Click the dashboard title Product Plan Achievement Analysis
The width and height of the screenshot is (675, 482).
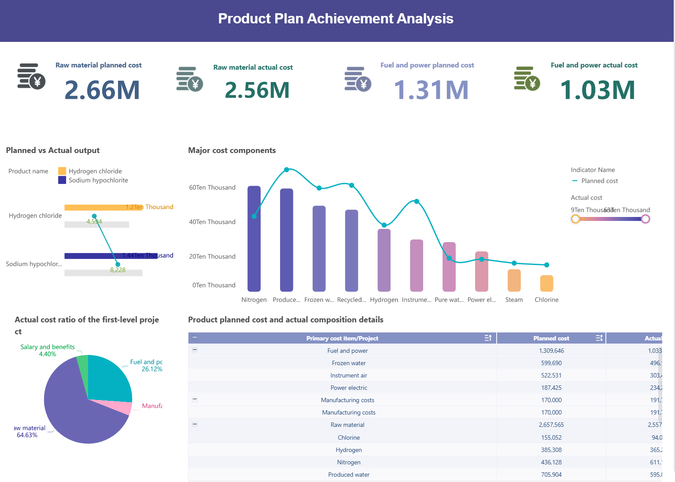(336, 19)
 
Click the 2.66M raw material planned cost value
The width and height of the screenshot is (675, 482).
(102, 90)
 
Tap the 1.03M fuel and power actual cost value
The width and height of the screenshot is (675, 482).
(597, 90)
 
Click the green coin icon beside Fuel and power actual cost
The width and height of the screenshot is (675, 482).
(527, 79)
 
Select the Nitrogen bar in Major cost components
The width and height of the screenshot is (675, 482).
(254, 239)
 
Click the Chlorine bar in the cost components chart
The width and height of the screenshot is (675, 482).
(546, 283)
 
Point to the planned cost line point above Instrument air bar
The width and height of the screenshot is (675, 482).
(417, 202)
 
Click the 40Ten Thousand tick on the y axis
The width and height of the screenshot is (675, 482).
(212, 222)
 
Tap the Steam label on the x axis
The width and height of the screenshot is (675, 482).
(514, 300)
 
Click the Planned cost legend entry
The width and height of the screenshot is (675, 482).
(599, 181)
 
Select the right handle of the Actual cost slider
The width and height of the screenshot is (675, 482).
(645, 219)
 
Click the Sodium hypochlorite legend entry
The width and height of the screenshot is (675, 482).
(98, 180)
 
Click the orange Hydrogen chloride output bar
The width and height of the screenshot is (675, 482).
(103, 207)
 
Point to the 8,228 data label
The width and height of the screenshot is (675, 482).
(118, 270)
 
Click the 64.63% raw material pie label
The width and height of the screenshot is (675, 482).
(27, 435)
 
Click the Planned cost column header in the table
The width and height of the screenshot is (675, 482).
(551, 338)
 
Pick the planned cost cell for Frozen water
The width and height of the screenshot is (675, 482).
(551, 363)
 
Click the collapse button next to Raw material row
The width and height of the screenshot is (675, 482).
(195, 424)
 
